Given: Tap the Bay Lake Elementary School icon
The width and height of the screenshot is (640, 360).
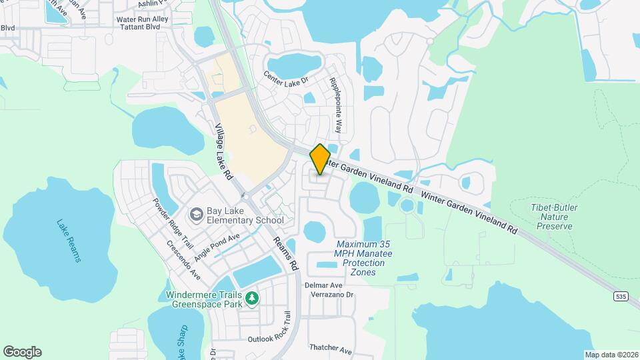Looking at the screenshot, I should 197,214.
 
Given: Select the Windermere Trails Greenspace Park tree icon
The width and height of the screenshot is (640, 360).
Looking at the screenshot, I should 252,297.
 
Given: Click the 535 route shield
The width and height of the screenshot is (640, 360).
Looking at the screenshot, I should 621,296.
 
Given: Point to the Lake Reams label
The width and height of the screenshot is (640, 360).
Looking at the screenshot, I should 69,241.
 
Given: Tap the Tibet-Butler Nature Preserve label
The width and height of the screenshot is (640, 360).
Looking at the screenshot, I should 555,217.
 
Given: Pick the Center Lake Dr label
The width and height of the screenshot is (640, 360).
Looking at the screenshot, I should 287,79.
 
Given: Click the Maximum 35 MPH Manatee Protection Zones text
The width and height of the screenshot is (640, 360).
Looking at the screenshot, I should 364,258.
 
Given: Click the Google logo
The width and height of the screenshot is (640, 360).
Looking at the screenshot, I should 22,351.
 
